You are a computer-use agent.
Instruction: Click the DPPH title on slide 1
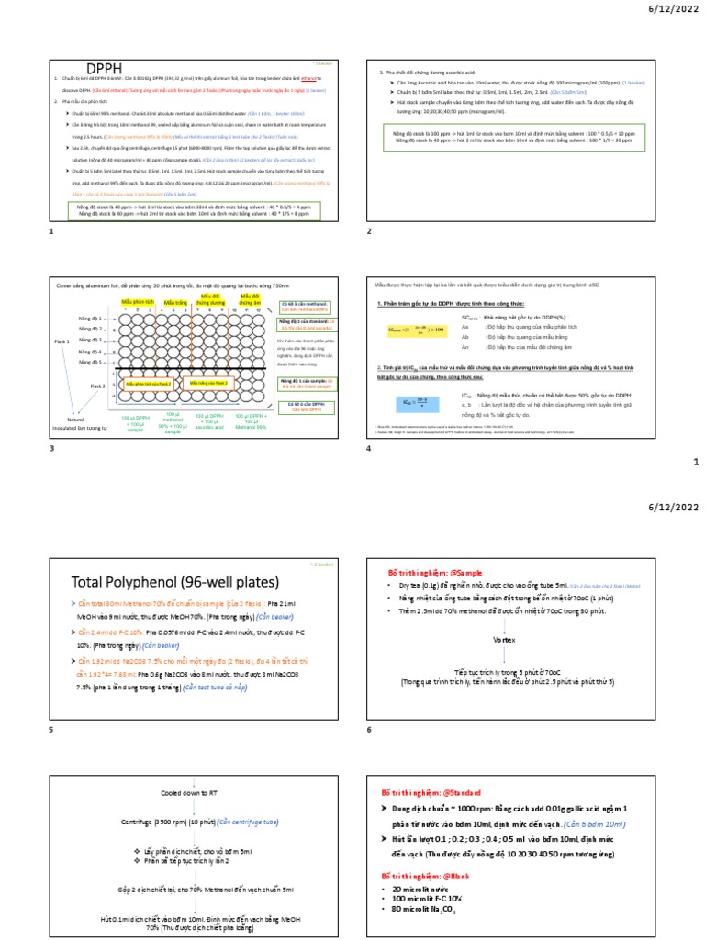(104, 68)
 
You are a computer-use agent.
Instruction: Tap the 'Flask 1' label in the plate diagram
(62, 341)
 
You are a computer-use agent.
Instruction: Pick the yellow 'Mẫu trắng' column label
(175, 301)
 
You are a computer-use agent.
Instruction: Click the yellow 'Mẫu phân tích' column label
(137, 301)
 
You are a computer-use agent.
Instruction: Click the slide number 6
(369, 729)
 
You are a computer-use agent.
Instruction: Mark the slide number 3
(51, 447)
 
